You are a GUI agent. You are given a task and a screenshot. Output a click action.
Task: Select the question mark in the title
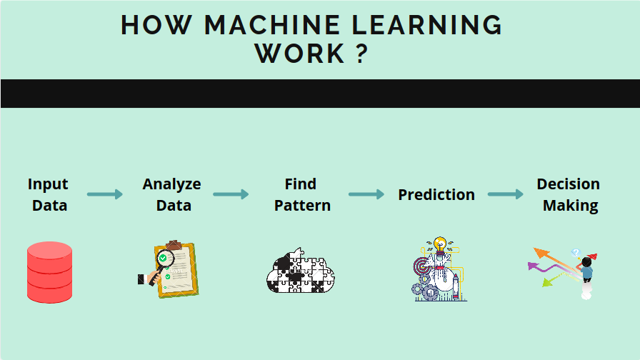tap(361, 54)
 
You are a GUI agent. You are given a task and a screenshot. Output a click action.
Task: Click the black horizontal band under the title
tap(320, 94)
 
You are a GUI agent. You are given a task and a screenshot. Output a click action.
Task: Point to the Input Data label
tap(49, 194)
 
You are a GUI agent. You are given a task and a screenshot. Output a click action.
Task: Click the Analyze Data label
tap(172, 194)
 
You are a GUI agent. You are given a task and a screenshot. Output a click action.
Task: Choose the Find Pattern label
tap(302, 194)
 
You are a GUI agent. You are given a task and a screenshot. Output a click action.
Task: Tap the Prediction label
tap(436, 194)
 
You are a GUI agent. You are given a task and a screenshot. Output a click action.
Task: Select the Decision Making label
tap(569, 194)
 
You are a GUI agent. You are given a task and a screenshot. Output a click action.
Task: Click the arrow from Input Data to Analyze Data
tap(105, 194)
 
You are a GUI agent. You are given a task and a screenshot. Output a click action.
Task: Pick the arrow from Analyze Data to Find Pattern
tap(231, 194)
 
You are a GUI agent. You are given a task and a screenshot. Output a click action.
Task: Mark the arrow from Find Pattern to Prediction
tap(366, 194)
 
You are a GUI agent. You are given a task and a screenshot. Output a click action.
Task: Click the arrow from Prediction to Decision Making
tap(506, 194)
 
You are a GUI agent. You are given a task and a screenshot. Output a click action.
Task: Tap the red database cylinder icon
tap(50, 272)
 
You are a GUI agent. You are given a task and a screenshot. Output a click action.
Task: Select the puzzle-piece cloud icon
tap(301, 271)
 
